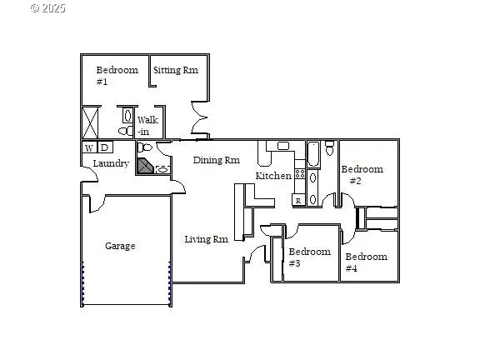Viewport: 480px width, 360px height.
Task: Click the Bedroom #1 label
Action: click(x=116, y=76)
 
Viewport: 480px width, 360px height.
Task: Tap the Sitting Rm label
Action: click(x=175, y=70)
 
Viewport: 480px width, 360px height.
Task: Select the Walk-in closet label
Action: click(x=147, y=126)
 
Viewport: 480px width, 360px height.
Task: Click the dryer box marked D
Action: click(x=104, y=148)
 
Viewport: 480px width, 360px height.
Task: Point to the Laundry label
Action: click(x=110, y=163)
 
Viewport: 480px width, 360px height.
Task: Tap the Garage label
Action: click(x=120, y=246)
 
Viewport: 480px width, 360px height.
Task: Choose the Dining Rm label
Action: click(x=217, y=160)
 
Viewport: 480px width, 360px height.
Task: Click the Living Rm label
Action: click(x=206, y=239)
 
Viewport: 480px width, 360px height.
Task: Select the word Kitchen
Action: click(x=273, y=176)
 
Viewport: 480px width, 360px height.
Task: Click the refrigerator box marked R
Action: click(x=297, y=201)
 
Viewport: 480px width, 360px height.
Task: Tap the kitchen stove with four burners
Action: click(x=299, y=175)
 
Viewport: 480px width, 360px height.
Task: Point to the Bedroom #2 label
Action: click(x=362, y=175)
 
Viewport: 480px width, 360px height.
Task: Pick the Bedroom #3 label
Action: click(x=309, y=257)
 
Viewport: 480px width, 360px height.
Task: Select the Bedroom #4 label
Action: click(x=366, y=262)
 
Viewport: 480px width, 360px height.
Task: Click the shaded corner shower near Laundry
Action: click(x=146, y=167)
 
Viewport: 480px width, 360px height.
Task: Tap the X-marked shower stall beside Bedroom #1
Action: click(x=91, y=122)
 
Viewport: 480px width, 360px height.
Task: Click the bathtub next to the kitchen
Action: click(x=313, y=155)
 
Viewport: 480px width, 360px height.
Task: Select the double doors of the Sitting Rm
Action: click(x=198, y=119)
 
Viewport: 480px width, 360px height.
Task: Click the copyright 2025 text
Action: click(x=47, y=8)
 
